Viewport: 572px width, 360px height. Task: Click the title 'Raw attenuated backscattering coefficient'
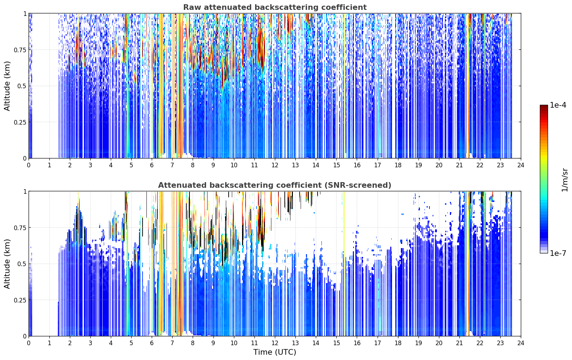(275, 7)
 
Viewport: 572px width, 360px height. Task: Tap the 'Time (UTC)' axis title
(275, 352)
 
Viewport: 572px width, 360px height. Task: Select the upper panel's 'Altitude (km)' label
(7, 86)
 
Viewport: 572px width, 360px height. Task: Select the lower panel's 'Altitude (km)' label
(7, 264)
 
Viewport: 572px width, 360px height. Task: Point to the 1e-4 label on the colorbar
(558, 105)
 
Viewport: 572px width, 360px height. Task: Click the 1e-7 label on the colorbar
(558, 253)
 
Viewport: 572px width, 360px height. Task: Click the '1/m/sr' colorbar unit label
(564, 179)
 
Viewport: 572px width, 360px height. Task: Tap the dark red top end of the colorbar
(544, 106)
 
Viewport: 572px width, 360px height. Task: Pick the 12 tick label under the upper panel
(275, 165)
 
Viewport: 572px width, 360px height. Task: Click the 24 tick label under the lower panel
(521, 343)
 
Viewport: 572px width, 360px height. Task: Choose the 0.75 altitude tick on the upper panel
(20, 50)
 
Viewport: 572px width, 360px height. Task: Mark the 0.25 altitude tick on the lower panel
(20, 300)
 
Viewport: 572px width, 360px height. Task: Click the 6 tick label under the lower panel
(152, 343)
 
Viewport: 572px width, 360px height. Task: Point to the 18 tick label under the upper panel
(398, 165)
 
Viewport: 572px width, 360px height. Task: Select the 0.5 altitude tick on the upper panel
(22, 86)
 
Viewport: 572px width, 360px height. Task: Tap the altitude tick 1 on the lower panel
(25, 192)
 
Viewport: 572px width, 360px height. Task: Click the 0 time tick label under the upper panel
(29, 165)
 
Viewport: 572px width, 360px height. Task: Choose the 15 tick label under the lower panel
(336, 343)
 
